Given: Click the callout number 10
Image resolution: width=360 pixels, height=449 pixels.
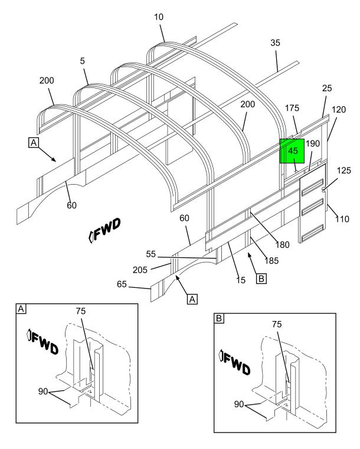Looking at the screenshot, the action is tap(159, 17).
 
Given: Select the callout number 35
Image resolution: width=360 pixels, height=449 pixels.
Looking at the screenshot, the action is tap(275, 43).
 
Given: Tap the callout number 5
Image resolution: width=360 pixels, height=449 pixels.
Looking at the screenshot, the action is tap(83, 61).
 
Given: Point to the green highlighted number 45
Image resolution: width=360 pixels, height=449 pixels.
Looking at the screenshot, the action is tap(293, 151).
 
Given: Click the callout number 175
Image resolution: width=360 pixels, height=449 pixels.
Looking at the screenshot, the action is tap(292, 108).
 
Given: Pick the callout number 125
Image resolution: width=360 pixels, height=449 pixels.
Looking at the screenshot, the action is tap(343, 171).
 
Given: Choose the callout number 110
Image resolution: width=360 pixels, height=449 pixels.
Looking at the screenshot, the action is tap(342, 219).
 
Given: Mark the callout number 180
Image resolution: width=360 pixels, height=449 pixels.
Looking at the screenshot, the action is tap(282, 245).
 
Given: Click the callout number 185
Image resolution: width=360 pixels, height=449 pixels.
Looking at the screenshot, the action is tap(271, 261).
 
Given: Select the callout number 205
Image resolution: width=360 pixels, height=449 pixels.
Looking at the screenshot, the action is tap(140, 270).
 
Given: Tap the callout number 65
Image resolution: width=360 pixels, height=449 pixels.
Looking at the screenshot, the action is tap(122, 284).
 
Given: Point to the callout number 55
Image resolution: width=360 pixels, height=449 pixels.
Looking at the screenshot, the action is tap(151, 254).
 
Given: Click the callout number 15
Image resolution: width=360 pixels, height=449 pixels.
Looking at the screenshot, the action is tap(241, 280).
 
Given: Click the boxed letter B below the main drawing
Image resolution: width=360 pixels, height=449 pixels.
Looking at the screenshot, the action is tap(261, 278).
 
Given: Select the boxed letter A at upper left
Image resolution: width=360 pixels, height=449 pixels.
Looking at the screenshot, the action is tap(34, 142).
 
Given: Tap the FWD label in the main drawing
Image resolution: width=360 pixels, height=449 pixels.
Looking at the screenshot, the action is tap(104, 230).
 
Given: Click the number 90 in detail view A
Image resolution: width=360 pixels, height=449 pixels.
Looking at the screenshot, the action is tap(43, 391).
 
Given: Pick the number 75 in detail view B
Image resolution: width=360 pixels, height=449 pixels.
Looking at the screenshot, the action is tap(277, 324).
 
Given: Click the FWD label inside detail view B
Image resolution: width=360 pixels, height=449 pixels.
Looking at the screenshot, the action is tap(234, 362).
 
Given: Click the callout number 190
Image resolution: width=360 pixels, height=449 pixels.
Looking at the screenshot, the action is tap(313, 143).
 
